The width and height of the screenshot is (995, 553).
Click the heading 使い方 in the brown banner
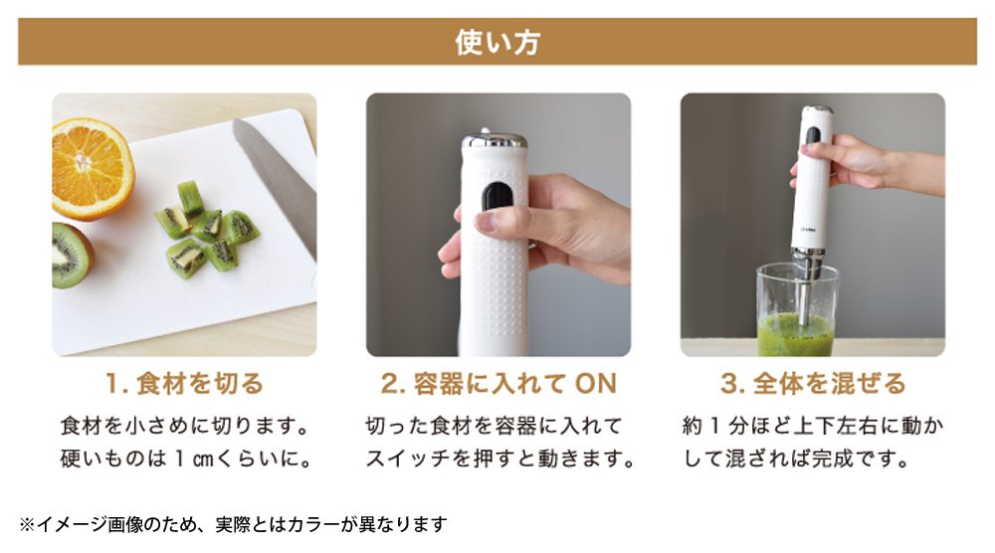click(x=497, y=42)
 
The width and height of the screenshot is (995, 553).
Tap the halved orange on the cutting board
click(x=92, y=168)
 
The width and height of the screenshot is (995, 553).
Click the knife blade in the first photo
click(x=275, y=185)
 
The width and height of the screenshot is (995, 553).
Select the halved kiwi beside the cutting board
click(x=71, y=255)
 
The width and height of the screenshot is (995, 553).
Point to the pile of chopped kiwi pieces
click(x=206, y=229)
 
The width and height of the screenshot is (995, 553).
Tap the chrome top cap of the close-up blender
click(x=495, y=141)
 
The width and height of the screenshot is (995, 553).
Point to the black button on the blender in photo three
click(x=812, y=134)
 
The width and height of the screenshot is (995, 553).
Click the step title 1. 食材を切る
click(x=184, y=384)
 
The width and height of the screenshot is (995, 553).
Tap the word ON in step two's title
click(x=595, y=384)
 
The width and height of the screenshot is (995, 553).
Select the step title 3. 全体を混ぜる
click(x=813, y=384)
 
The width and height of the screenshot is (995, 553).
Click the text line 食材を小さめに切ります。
click(x=185, y=426)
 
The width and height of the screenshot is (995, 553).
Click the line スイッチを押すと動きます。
click(x=500, y=458)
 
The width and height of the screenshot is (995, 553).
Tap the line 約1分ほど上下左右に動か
click(x=813, y=426)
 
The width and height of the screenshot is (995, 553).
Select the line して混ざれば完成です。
click(x=796, y=458)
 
